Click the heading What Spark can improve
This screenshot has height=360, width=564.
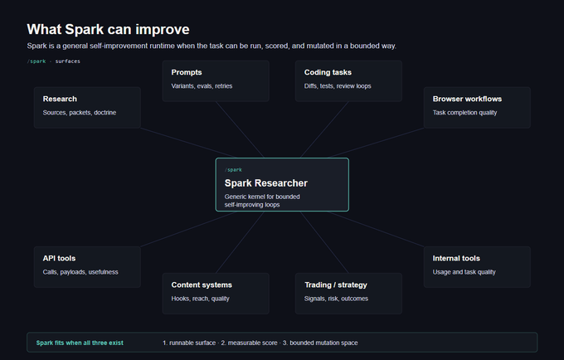tap(108, 30)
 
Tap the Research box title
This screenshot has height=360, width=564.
tap(60, 99)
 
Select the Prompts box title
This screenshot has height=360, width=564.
tap(187, 72)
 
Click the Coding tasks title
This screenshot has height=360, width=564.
tap(328, 72)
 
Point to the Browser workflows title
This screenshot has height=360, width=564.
tap(467, 99)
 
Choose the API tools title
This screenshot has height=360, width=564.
tap(59, 258)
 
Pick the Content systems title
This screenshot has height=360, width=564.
tap(202, 285)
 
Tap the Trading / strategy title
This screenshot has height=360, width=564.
tap(336, 285)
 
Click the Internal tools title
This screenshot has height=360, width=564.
tap(456, 258)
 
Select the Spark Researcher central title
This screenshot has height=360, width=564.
tap(265, 183)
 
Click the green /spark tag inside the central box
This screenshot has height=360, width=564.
tap(233, 170)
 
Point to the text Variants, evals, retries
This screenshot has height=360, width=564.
tap(202, 86)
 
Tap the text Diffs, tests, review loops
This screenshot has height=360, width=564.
tap(338, 86)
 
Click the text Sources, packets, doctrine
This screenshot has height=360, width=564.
tap(79, 113)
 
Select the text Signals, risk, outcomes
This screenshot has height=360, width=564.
tap(336, 299)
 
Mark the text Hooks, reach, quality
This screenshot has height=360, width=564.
tap(200, 299)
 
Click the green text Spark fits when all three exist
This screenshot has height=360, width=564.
tap(80, 343)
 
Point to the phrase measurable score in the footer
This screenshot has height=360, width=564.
tap(249, 343)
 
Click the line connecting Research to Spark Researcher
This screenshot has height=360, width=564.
tap(187, 143)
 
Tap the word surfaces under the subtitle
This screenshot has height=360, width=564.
tap(68, 61)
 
